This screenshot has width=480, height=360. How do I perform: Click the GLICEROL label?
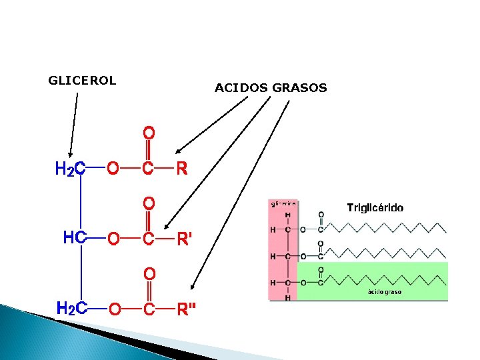click(82, 81)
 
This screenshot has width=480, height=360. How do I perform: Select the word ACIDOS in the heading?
click(241, 87)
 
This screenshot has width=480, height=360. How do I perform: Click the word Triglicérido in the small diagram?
click(375, 207)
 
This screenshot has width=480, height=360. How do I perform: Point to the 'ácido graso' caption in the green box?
click(385, 292)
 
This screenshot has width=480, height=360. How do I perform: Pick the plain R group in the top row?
click(181, 169)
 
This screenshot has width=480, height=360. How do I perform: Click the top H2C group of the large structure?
click(70, 169)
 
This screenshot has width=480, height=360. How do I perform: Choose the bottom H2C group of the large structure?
click(72, 309)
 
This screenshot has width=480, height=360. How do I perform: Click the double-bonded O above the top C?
click(149, 132)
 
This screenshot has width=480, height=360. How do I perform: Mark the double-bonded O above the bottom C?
click(149, 273)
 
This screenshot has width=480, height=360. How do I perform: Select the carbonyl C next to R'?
click(149, 238)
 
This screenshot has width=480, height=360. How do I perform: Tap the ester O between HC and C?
click(113, 238)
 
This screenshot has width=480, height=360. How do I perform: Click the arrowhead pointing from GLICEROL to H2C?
click(69, 154)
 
